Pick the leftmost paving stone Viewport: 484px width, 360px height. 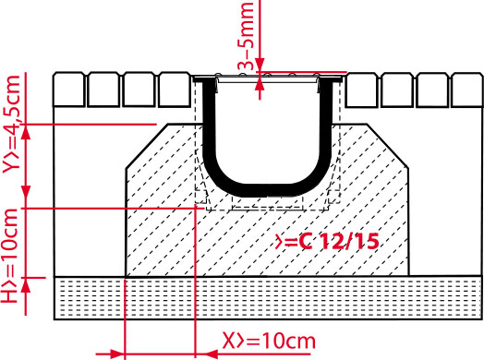tap(69, 90)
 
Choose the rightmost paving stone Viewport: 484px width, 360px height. tap(466, 90)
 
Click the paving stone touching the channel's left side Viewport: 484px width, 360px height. tap(175, 90)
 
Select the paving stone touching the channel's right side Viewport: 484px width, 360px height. tap(360, 90)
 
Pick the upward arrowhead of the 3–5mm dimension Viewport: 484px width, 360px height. tap(261, 85)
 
